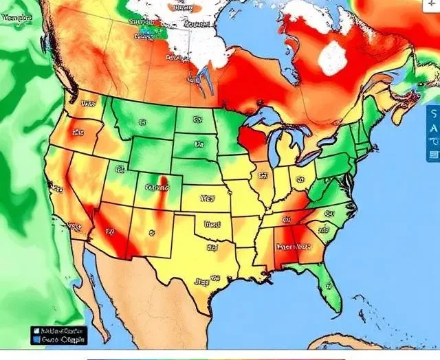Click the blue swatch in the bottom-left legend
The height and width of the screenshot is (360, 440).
click(x=35, y=339)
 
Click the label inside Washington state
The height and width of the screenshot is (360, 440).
click(x=87, y=104)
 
